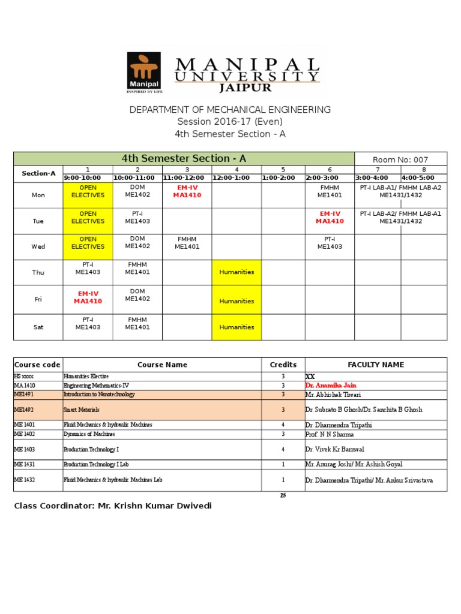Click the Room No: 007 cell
point(400,159)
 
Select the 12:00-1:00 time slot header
point(236,177)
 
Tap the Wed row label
point(38,246)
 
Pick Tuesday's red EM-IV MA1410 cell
point(330,217)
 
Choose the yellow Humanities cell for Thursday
point(237,272)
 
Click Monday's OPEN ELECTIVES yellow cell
point(88,191)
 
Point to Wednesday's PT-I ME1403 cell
point(330,243)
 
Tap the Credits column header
point(283,365)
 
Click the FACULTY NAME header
point(376,365)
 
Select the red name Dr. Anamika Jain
point(334,386)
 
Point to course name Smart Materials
point(82,410)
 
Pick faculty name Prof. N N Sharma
point(330,434)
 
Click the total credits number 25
point(283,495)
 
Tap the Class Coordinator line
point(113,506)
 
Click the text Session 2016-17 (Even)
point(230,122)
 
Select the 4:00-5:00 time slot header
point(424,177)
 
